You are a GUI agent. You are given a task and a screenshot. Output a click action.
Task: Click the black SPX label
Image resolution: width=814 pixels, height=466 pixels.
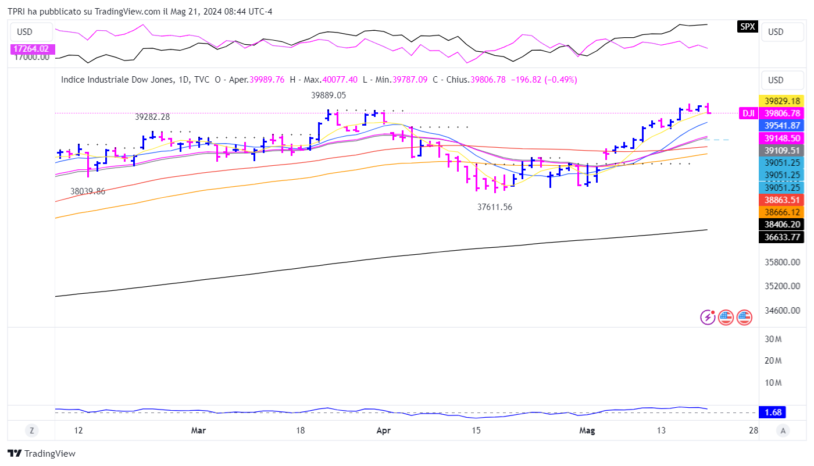(x=747, y=26)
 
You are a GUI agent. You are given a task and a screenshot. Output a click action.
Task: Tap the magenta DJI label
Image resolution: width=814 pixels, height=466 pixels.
(x=748, y=113)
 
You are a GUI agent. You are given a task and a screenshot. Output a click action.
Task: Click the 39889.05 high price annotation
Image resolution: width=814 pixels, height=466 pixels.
(x=329, y=95)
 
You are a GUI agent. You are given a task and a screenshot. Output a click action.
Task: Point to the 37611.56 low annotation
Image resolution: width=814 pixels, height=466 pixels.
(x=495, y=207)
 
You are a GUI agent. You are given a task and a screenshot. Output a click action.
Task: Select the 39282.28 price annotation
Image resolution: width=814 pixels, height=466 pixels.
(x=152, y=117)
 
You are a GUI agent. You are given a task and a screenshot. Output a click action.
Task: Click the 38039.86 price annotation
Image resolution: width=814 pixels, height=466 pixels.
(x=88, y=191)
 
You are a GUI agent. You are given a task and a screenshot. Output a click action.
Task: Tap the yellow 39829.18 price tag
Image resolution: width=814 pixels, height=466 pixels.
(x=781, y=101)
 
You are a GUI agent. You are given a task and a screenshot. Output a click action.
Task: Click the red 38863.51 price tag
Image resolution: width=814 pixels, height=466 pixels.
(x=781, y=200)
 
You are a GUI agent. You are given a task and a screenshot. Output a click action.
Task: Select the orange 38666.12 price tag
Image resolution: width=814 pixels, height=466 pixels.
(x=781, y=212)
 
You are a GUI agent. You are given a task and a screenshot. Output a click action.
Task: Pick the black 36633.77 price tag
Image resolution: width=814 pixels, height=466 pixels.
(x=781, y=237)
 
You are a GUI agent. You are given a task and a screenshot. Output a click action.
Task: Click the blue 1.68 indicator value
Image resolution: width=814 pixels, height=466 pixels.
(x=773, y=412)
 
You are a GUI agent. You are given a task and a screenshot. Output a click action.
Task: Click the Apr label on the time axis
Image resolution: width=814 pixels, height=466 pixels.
(x=383, y=431)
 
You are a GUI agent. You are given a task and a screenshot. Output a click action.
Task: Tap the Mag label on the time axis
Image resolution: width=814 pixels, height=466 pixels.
(x=587, y=431)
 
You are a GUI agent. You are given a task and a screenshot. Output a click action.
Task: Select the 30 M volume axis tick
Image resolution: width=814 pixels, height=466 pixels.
(x=772, y=339)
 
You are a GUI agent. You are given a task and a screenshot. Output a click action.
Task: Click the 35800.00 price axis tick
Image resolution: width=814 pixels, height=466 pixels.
(x=781, y=262)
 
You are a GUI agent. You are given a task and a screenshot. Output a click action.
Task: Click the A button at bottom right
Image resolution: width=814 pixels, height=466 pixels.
(x=783, y=431)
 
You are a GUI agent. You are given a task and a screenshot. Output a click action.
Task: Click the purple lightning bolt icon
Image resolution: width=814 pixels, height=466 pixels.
(x=708, y=317)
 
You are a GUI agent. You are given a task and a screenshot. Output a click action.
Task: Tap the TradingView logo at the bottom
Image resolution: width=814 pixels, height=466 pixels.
(x=41, y=454)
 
